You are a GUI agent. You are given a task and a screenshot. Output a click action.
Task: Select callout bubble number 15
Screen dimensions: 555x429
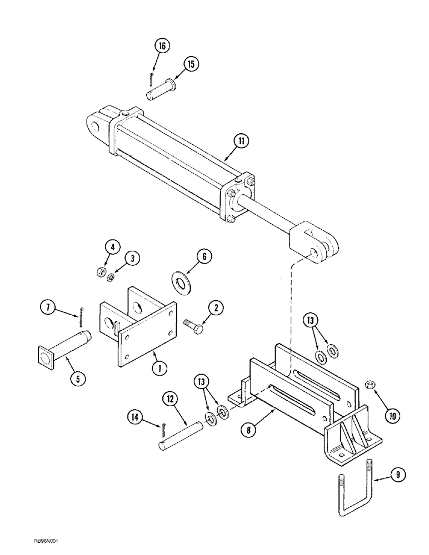coord(191,64)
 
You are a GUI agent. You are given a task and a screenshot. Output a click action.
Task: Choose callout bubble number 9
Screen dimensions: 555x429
coord(398,475)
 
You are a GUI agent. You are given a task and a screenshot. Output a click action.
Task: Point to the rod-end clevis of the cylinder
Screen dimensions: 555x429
coord(315,240)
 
